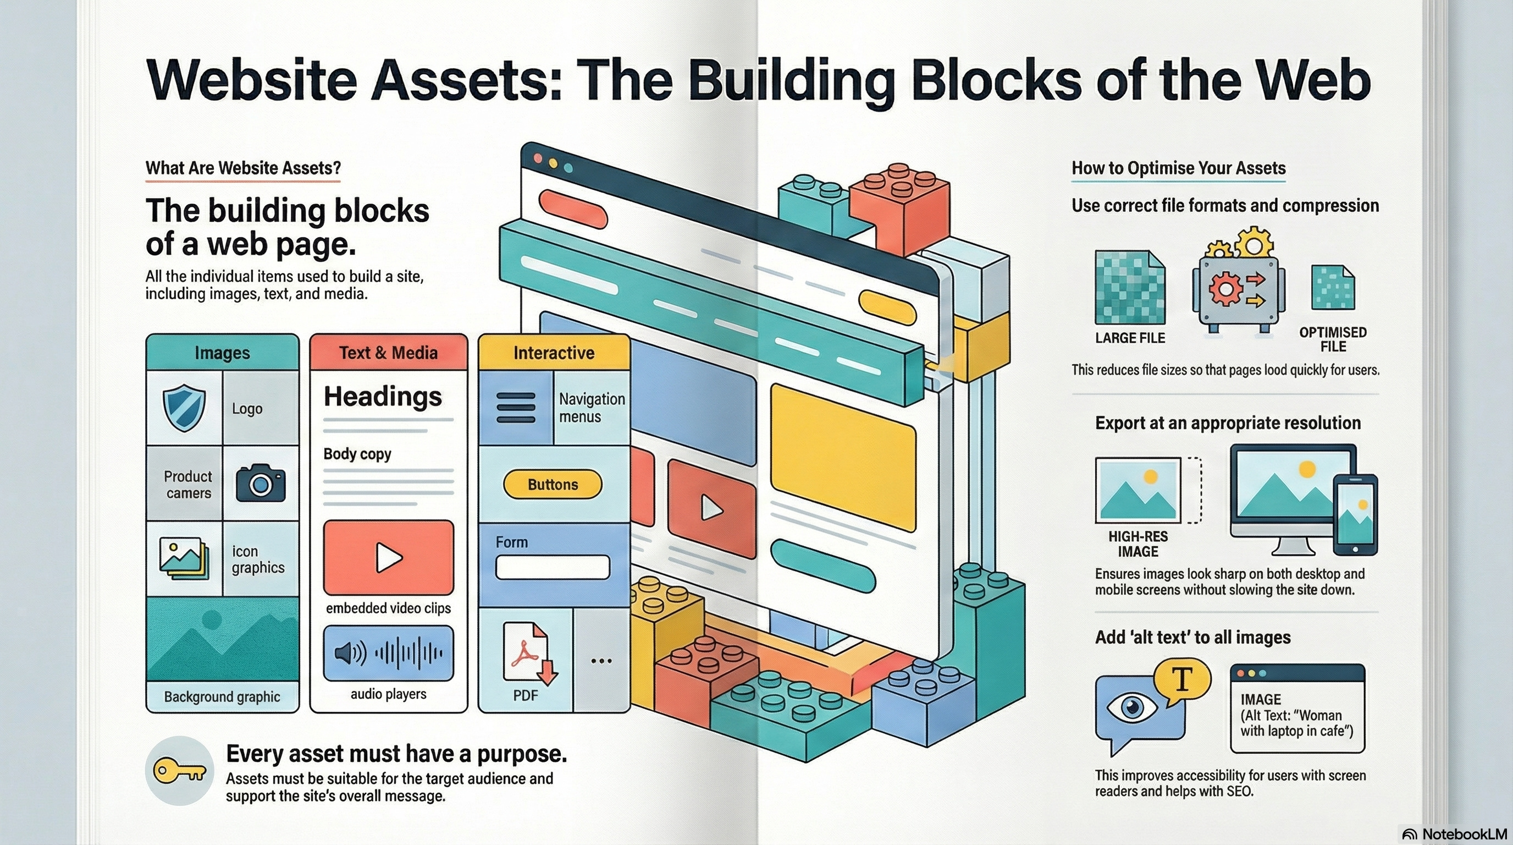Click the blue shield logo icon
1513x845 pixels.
184,408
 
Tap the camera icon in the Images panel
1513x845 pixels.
260,483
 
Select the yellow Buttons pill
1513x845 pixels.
553,485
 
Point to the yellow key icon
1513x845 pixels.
179,771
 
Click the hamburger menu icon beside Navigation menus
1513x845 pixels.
516,408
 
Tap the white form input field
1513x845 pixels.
552,567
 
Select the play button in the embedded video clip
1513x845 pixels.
388,557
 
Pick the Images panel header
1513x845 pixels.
222,353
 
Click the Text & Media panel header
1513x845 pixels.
388,353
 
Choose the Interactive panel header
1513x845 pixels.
554,353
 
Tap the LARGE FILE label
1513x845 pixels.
1129,338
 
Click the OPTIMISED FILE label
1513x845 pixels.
1333,339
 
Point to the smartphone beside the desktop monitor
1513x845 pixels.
1355,514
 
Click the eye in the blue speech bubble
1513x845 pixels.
1131,707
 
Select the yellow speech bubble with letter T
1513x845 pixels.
1181,681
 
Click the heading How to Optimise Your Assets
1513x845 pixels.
1178,168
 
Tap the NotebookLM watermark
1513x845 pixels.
1455,834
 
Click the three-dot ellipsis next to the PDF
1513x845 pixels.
601,661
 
